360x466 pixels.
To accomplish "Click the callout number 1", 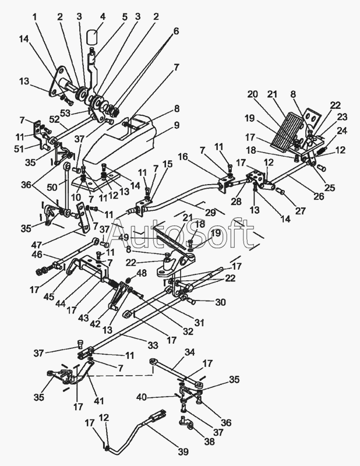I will pyautogui.click(x=36, y=17).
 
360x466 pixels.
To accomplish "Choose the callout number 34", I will pyautogui.click(x=189, y=352).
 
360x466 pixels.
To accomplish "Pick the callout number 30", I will pyautogui.click(x=221, y=302).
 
